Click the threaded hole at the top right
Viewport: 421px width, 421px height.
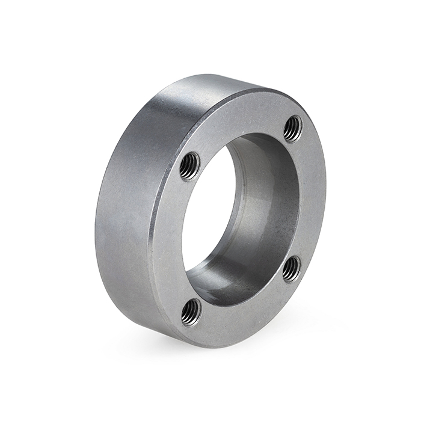tap(293, 128)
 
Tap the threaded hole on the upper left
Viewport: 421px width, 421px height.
tap(190, 165)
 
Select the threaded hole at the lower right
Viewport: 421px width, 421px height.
tap(292, 268)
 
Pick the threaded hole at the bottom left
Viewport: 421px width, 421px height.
tap(191, 312)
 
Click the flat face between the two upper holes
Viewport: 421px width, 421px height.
tap(241, 120)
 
